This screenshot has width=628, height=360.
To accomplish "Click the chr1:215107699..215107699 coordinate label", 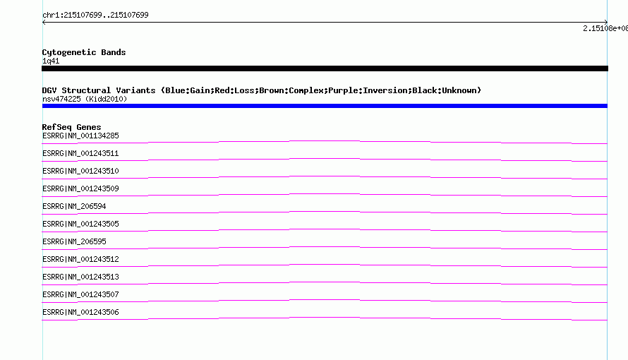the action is [x=95, y=16].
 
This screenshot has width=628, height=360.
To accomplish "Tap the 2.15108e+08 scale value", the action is [x=605, y=28].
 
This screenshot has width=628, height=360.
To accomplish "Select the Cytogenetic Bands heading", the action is [x=84, y=52].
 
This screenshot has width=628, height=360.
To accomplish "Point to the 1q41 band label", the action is [x=51, y=61].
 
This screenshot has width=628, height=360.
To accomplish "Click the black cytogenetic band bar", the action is [x=325, y=68].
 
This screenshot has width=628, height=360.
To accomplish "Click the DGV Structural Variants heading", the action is [x=262, y=90].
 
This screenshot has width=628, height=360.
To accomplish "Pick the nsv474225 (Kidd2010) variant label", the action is [x=85, y=99].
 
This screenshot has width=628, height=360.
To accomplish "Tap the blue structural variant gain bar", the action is [x=325, y=106].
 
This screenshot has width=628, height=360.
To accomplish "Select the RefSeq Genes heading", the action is [x=71, y=127].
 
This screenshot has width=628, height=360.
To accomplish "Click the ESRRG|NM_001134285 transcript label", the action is [x=80, y=136].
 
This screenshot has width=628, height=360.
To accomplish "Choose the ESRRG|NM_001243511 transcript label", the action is [x=80, y=153].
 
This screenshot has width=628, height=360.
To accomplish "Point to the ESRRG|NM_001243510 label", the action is [x=80, y=171].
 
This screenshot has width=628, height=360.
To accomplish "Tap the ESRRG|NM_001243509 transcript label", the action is [x=80, y=188].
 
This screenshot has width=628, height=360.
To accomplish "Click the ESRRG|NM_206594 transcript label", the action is [x=74, y=206].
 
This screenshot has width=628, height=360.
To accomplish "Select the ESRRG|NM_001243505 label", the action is [x=80, y=224].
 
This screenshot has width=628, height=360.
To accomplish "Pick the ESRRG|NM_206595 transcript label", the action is [x=74, y=241].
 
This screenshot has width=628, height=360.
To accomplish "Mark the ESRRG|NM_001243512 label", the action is [x=80, y=259].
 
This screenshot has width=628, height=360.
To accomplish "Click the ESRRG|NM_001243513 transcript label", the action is [x=80, y=277].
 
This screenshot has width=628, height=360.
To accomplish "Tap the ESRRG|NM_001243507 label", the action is [x=80, y=294].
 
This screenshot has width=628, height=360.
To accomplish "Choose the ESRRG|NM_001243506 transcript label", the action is [x=80, y=312].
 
